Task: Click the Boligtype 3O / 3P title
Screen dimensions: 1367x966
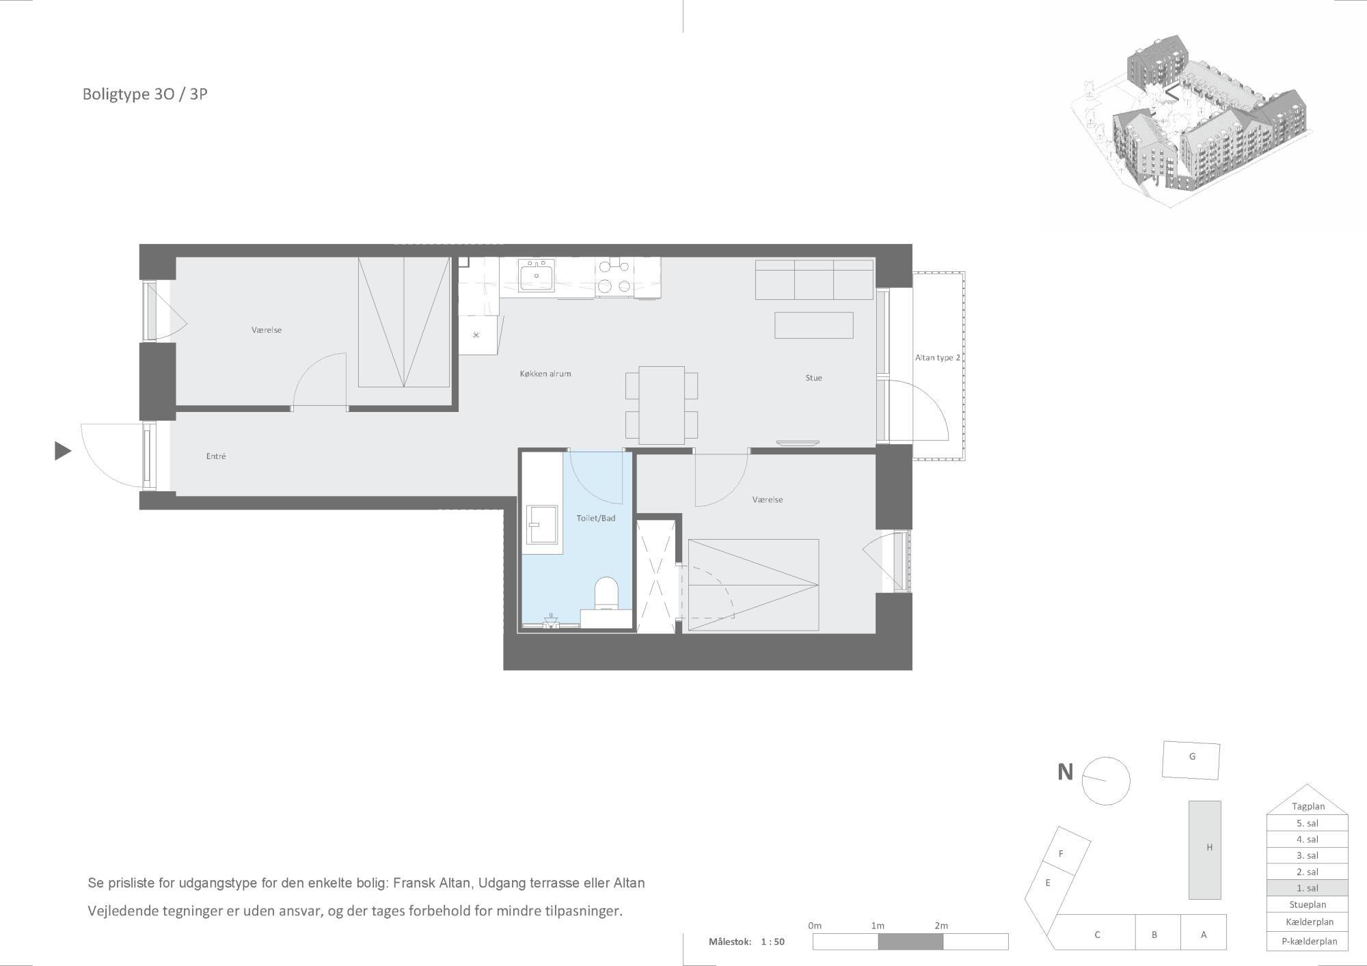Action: click(145, 94)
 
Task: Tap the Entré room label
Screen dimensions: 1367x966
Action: click(216, 456)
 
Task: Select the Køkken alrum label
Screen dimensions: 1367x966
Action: click(545, 374)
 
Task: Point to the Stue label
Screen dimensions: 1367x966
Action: click(813, 378)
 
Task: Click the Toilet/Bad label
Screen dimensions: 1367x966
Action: click(596, 519)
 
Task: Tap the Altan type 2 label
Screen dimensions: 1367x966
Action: click(938, 358)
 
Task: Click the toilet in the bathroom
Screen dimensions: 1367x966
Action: click(606, 593)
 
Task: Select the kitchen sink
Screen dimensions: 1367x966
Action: click(536, 276)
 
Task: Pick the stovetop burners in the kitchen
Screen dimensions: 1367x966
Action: click(614, 276)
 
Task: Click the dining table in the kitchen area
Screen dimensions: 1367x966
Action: click(662, 405)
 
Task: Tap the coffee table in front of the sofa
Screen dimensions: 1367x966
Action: click(813, 325)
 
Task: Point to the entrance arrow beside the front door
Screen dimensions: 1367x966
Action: click(63, 451)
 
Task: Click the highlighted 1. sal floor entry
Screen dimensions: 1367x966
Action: click(1307, 888)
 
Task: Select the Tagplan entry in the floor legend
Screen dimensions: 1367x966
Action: click(1308, 806)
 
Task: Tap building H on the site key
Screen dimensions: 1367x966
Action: click(1204, 850)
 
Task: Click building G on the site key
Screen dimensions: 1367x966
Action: click(1191, 760)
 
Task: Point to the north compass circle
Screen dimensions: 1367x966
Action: click(1105, 782)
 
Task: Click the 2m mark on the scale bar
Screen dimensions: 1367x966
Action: click(941, 926)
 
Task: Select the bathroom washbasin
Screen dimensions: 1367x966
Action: click(543, 525)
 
